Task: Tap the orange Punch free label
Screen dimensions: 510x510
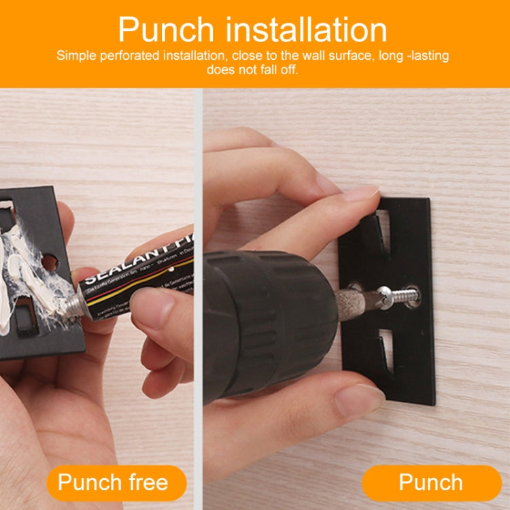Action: (113, 483)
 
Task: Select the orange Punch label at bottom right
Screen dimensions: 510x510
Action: (431, 483)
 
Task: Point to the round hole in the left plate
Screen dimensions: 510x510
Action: (49, 261)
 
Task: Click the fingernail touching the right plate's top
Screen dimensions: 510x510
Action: (360, 193)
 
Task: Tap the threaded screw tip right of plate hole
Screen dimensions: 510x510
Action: (406, 296)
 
